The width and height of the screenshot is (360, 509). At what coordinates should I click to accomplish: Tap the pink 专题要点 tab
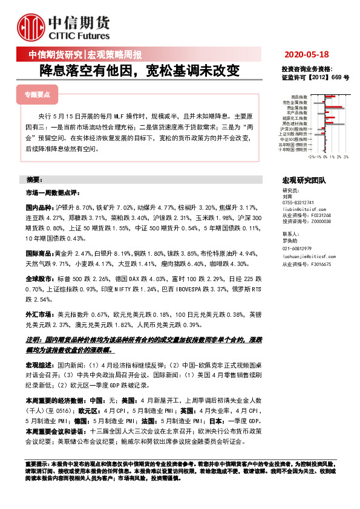point(36,95)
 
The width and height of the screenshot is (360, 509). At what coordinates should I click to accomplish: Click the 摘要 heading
point(35,180)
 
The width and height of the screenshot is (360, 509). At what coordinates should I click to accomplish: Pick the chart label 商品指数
point(299,97)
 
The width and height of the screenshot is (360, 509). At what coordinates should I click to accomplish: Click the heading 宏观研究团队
point(304,180)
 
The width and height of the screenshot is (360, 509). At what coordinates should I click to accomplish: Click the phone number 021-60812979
point(297,248)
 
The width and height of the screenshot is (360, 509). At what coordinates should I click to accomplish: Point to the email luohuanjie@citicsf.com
point(310,256)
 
